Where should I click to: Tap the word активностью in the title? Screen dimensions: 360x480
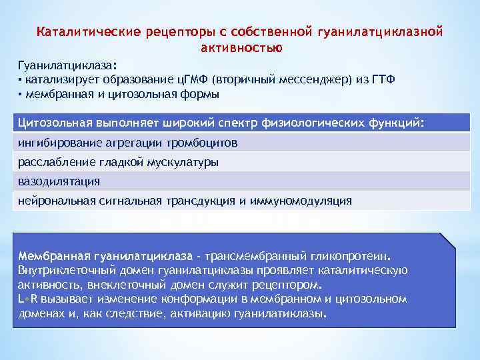click(241, 48)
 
